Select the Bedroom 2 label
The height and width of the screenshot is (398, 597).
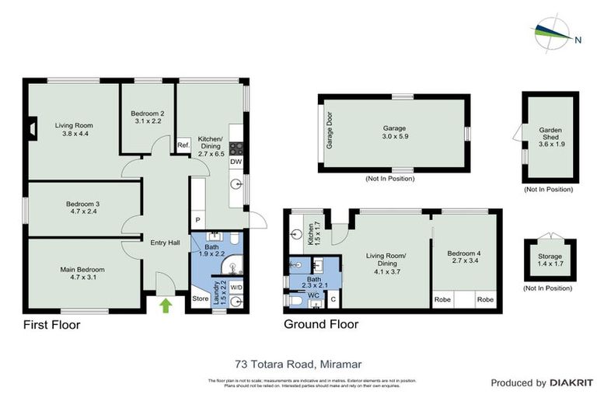point(147,117)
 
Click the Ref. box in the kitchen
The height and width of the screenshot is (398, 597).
point(183,145)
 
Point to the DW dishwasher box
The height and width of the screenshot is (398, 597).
point(236,162)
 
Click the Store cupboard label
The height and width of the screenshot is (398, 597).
point(200,298)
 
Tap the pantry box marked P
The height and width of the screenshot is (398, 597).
point(197,220)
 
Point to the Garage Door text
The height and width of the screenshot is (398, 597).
point(330,131)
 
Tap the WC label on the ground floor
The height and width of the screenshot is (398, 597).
point(314,295)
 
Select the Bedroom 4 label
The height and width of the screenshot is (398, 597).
point(463,256)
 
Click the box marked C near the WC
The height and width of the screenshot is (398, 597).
point(333,298)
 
